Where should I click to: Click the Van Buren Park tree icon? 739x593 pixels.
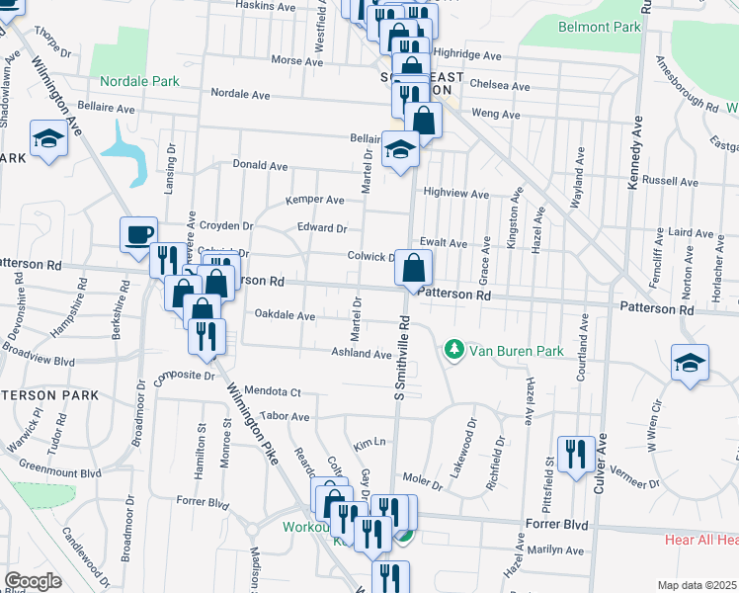tap(453, 350)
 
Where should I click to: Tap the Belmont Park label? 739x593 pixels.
tap(599, 27)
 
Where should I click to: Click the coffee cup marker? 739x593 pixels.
tap(139, 235)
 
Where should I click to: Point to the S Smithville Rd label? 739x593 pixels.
tap(401, 358)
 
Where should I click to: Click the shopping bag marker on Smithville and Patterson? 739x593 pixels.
tap(412, 268)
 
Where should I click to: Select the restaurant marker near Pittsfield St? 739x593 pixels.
tap(576, 455)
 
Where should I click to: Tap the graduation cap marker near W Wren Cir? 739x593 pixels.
tap(690, 363)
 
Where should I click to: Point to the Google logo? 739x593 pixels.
tap(34, 581)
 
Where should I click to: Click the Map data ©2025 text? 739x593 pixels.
tap(698, 585)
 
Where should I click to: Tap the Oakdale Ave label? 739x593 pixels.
tap(285, 315)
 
